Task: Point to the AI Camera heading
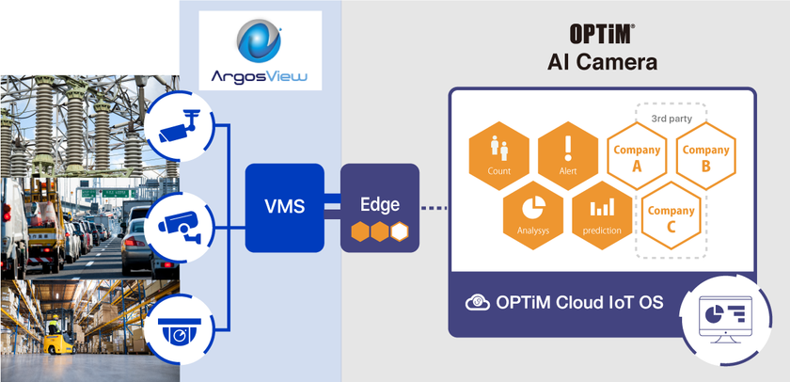(x=602, y=63)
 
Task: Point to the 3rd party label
(x=671, y=119)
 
